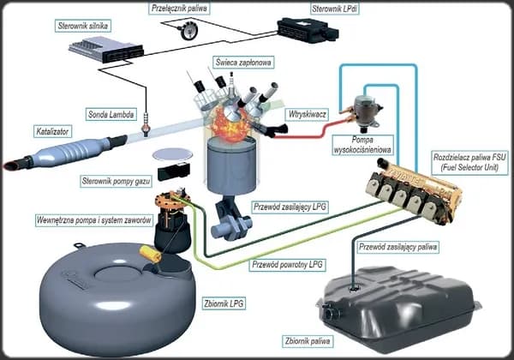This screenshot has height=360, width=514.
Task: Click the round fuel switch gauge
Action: click(182, 29)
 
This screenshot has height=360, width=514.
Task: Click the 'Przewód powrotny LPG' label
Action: click(286, 265)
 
